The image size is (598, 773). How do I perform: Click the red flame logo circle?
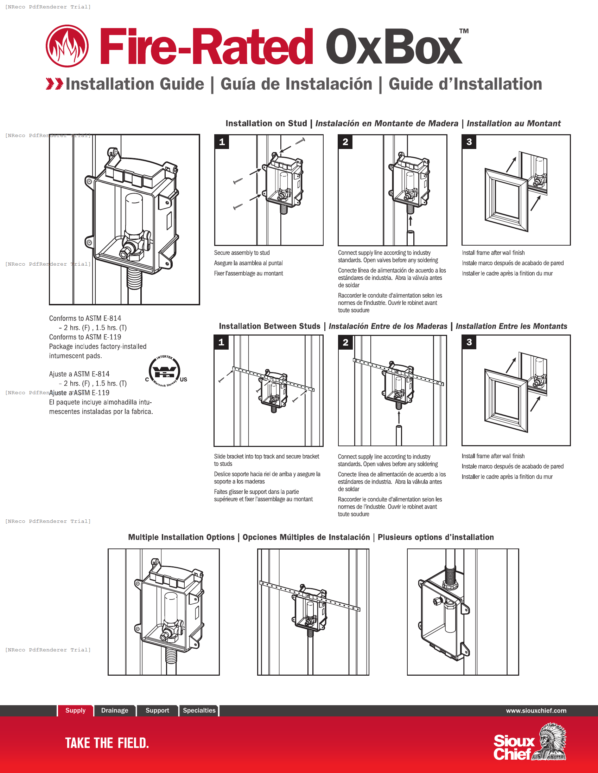pos(67,46)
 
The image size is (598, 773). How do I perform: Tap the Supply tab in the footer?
pos(76,710)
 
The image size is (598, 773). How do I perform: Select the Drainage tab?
pos(114,710)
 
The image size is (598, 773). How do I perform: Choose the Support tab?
pos(157,710)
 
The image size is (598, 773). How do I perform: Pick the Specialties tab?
pos(199,710)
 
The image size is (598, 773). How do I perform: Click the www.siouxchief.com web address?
pos(536,711)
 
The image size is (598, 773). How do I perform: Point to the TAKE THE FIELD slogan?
pos(107,743)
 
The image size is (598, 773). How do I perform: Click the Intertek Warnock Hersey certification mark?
pos(165,372)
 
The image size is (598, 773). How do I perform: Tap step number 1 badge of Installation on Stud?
pos(222,142)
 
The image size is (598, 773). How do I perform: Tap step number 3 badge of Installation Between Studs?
pos(469,342)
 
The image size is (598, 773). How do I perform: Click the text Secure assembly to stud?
pos(242,253)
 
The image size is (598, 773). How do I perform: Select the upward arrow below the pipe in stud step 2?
pos(410,221)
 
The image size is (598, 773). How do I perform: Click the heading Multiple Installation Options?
pos(181,537)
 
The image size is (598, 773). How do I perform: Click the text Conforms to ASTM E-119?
pos(85,337)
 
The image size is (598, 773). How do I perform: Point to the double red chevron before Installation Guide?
pos(54,84)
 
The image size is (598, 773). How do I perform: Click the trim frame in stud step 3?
pos(506,200)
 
